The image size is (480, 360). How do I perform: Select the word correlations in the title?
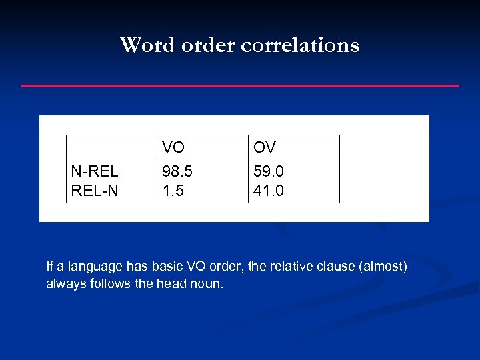(x=300, y=45)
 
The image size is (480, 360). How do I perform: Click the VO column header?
(x=173, y=147)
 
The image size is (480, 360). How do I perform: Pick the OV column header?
(x=264, y=147)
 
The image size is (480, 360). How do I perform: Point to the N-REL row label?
(x=94, y=172)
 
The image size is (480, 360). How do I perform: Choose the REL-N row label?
(x=94, y=191)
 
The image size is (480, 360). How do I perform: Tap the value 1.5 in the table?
(x=173, y=191)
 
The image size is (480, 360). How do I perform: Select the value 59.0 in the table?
(x=269, y=172)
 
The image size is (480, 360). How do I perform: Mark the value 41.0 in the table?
(x=269, y=191)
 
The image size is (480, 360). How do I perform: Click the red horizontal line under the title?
(x=240, y=85)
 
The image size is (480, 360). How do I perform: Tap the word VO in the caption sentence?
(x=196, y=267)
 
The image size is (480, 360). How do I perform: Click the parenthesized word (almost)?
(x=383, y=267)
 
